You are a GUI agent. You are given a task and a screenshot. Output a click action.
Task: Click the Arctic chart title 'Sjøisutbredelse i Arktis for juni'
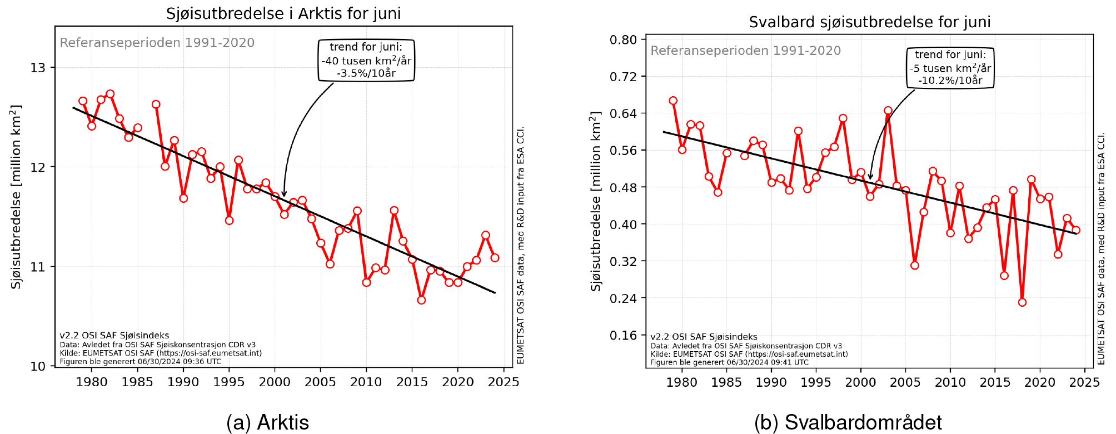(x=283, y=13)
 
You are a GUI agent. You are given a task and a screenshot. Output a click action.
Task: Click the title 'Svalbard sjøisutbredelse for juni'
(x=870, y=22)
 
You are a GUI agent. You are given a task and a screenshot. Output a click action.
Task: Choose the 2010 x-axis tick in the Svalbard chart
(x=950, y=382)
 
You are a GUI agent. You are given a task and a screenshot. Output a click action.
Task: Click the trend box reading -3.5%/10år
(x=366, y=60)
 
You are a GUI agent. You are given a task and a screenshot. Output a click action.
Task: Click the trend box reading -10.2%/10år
(x=950, y=68)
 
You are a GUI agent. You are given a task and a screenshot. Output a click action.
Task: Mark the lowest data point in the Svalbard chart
(x=1022, y=302)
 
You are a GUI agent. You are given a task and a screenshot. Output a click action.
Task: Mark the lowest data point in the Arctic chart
(x=421, y=300)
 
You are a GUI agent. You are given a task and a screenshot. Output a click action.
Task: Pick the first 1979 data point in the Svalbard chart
(x=673, y=101)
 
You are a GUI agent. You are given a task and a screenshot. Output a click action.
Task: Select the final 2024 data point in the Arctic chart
(x=495, y=258)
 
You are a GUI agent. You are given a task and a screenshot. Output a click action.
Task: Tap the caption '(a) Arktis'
(x=267, y=423)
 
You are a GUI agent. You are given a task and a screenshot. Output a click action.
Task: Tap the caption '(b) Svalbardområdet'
(x=848, y=423)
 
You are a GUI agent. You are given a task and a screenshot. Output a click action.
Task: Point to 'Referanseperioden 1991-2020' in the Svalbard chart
(x=745, y=51)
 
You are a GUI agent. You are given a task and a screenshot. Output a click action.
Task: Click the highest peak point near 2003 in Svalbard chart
(x=888, y=111)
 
